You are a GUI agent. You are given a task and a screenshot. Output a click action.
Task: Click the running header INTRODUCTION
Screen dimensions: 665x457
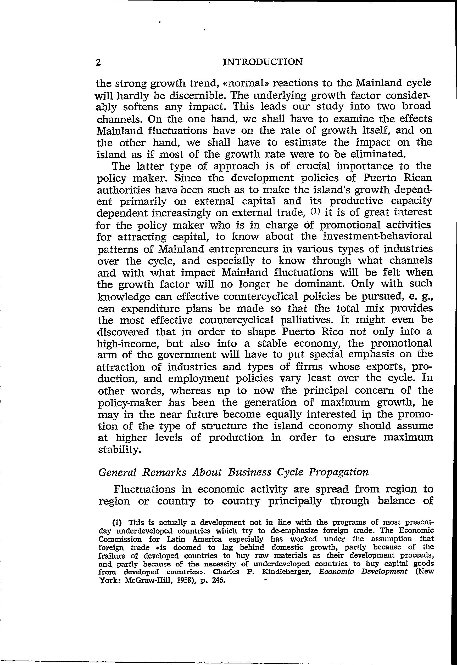[x=263, y=62]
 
